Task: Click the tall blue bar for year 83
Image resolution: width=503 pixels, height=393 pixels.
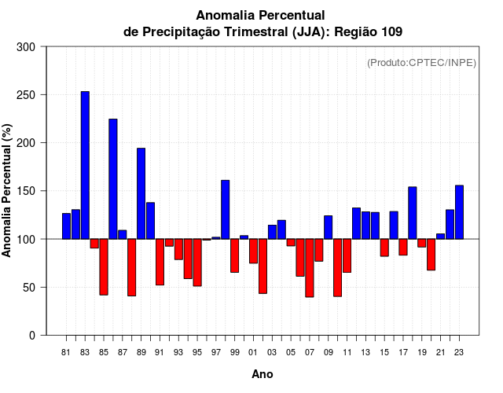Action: [x=85, y=165]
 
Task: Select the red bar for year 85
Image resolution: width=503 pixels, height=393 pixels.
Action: [x=104, y=266]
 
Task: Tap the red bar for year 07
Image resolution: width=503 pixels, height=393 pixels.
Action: [x=310, y=267]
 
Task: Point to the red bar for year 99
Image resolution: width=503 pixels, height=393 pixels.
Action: [x=234, y=255]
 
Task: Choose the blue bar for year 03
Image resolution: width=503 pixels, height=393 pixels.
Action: [x=272, y=232]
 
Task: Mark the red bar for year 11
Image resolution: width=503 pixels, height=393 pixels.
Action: [x=347, y=255]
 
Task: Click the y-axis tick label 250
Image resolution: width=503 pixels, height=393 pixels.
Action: [x=26, y=95]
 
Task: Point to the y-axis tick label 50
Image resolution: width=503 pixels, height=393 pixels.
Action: [x=29, y=288]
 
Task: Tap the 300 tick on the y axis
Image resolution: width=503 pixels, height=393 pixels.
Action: [x=26, y=47]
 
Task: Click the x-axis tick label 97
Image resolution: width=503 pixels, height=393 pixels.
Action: [x=216, y=352]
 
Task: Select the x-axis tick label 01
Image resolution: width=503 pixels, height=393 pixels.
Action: [x=253, y=352]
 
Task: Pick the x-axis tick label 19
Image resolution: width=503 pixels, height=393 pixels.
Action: [x=422, y=352]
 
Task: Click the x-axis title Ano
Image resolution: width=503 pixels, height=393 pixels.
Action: [x=263, y=374]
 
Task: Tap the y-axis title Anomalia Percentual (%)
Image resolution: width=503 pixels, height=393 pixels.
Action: [x=7, y=191]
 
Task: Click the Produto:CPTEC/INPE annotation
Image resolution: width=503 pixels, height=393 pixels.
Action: [x=421, y=62]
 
